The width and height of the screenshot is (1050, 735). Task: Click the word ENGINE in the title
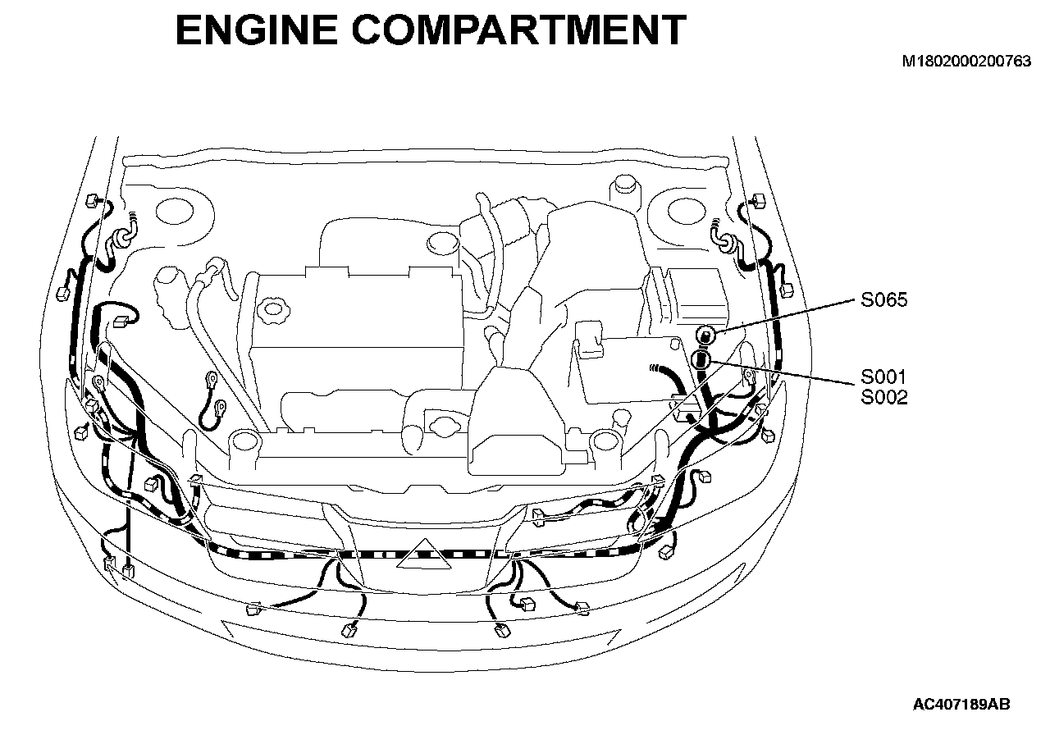[257, 30]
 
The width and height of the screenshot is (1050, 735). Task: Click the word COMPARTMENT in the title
[519, 30]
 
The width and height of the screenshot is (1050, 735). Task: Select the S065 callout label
[883, 299]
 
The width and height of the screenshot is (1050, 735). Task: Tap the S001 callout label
[883, 377]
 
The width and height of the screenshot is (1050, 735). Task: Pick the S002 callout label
[883, 398]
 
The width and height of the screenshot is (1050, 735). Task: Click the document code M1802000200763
[966, 61]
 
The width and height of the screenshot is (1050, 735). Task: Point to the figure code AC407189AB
[962, 704]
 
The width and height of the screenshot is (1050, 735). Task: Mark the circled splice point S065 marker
[705, 336]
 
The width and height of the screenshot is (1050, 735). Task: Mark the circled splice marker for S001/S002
[701, 360]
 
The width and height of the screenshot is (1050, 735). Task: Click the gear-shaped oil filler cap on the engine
[271, 309]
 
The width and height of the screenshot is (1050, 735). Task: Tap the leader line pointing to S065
[786, 316]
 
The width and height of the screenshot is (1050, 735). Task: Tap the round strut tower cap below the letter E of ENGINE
[175, 212]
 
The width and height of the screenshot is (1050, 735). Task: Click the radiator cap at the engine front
[442, 425]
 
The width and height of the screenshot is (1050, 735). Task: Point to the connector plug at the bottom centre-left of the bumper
[349, 631]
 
